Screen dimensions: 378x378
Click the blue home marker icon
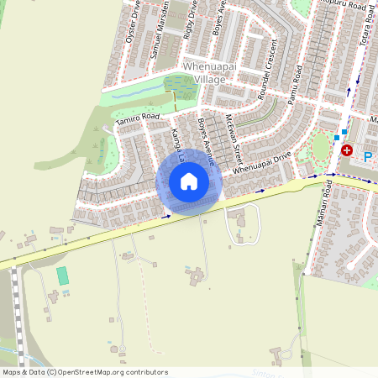[189, 181]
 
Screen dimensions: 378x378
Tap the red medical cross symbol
[347, 150]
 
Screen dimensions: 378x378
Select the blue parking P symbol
[367, 156]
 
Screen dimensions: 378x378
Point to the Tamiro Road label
[138, 118]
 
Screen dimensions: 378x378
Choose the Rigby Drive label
[190, 18]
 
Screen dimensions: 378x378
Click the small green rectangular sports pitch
[62, 276]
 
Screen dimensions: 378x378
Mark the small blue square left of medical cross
[336, 137]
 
